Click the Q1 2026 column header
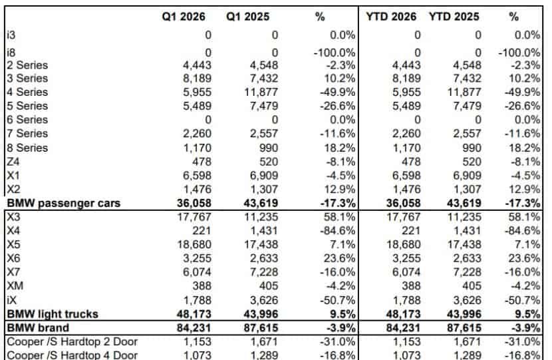184,16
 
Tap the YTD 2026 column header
394,16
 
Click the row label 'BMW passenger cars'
63,203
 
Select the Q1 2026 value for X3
192,216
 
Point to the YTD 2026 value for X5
402,244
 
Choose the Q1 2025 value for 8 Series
253,148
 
